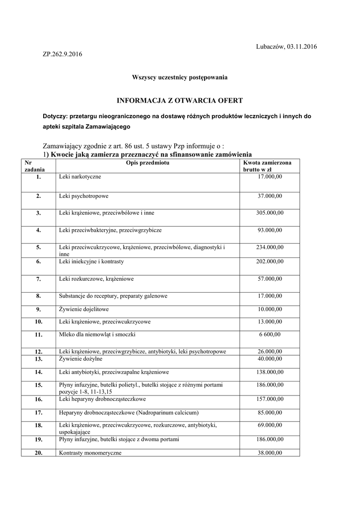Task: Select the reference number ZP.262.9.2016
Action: coord(63,54)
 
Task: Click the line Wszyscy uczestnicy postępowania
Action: coord(180,77)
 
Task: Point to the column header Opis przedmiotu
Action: coord(147,163)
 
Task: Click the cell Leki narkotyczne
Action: coord(79,176)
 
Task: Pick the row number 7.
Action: coord(38,279)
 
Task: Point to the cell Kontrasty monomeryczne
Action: coord(90,453)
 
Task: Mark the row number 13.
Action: coord(38,359)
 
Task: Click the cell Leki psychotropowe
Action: coord(83,196)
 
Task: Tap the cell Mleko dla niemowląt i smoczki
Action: coord(97,334)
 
